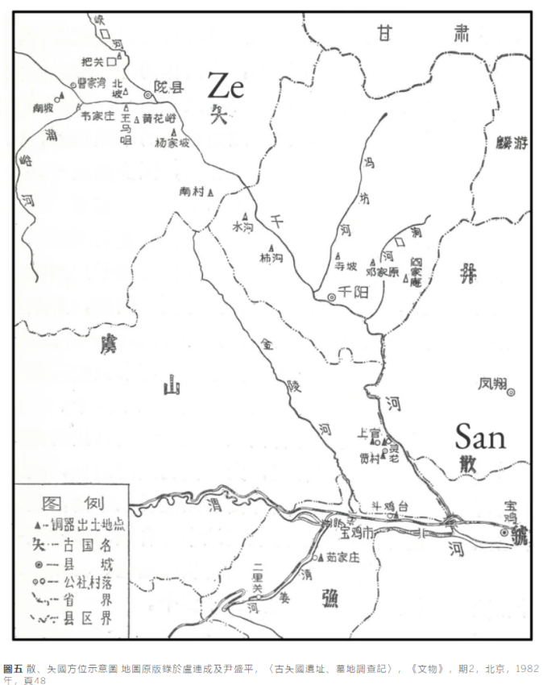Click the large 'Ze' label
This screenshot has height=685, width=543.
click(x=227, y=85)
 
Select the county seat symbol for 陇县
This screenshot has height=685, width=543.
click(x=147, y=94)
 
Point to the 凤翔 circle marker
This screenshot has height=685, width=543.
click(x=510, y=392)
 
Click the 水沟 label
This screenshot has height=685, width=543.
click(x=242, y=227)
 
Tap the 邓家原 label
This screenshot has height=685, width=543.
click(x=383, y=272)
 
